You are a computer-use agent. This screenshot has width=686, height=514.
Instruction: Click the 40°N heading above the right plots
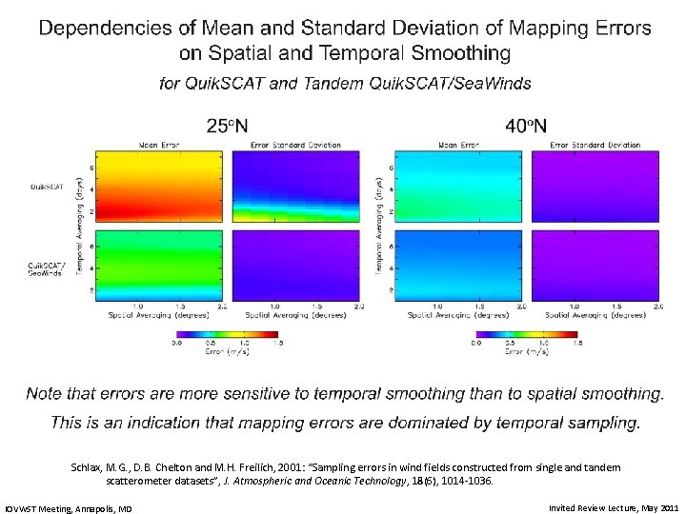(x=525, y=125)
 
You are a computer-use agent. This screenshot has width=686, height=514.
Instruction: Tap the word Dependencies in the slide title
(x=106, y=29)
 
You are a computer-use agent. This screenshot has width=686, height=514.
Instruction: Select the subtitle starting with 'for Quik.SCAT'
(x=345, y=83)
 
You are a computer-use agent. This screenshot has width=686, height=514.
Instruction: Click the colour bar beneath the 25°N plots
(x=228, y=334)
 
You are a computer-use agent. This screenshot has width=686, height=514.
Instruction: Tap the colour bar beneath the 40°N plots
(x=527, y=334)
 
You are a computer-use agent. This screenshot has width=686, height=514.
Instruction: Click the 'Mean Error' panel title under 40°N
(x=456, y=146)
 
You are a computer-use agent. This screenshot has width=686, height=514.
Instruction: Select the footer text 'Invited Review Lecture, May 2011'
(x=614, y=508)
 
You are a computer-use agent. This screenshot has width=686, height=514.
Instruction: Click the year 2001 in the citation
(x=293, y=467)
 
